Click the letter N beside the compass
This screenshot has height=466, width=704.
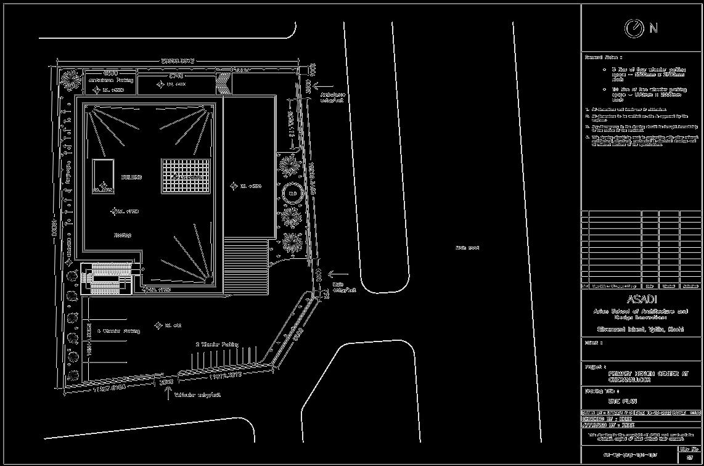653,28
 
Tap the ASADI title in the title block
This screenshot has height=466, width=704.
642,300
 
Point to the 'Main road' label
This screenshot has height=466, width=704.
467,248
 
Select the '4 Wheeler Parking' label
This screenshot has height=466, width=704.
118,331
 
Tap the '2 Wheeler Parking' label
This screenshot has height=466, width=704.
217,344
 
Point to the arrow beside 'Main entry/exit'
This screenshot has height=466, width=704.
338,274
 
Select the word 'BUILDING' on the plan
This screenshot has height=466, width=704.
131,177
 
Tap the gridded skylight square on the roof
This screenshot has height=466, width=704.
182,176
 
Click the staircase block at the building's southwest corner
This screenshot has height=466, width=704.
107,279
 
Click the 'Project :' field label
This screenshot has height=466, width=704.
595,366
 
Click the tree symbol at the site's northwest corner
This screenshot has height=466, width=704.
71,80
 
